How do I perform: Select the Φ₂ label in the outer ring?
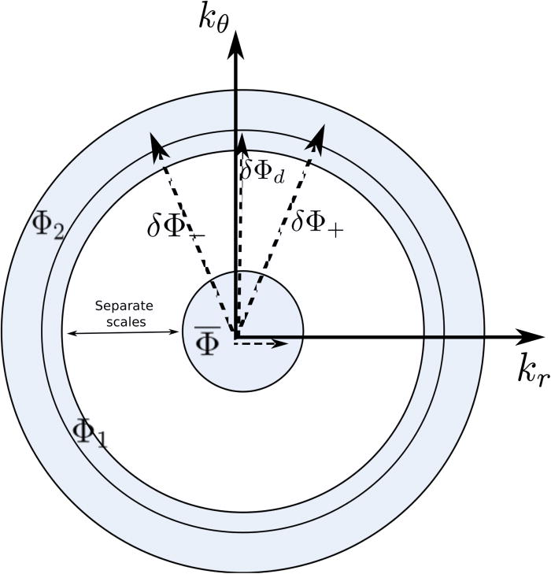tap(48, 224)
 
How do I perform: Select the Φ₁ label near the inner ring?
tap(89, 431)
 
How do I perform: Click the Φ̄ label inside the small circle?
tap(207, 341)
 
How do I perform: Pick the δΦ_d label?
tap(263, 168)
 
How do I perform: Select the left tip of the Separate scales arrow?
tap(68, 334)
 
